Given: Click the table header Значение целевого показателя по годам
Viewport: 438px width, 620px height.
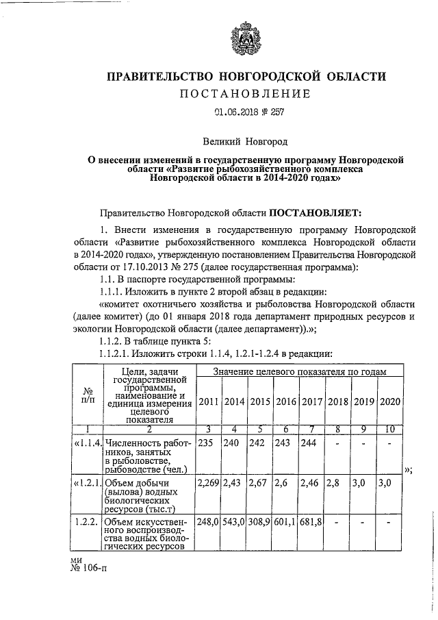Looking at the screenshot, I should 299,371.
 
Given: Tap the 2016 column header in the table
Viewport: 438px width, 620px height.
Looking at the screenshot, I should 286,401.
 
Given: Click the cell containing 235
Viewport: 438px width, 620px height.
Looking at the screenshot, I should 205,443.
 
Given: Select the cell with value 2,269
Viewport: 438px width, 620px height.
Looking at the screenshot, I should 208,484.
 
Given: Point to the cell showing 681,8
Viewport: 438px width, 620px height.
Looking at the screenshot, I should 312,523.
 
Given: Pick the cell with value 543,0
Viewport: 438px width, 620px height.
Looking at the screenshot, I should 235,523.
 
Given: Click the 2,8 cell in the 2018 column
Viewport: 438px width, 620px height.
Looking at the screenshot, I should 337,484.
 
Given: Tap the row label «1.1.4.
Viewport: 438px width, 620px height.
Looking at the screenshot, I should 88,443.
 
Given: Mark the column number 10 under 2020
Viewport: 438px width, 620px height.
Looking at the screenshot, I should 389,429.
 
